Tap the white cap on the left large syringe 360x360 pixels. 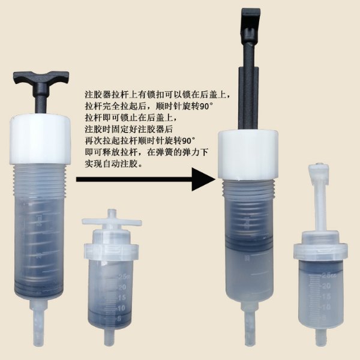point(40,140)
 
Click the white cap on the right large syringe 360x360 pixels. point(248,155)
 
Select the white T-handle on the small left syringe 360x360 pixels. point(112,221)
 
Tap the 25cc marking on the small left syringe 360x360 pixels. point(124,277)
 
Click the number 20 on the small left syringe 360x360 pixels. point(122,287)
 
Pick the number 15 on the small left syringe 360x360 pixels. point(122,298)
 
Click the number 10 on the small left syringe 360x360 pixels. point(121,308)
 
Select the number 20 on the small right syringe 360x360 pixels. point(326,286)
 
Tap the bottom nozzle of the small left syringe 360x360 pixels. point(109,337)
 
